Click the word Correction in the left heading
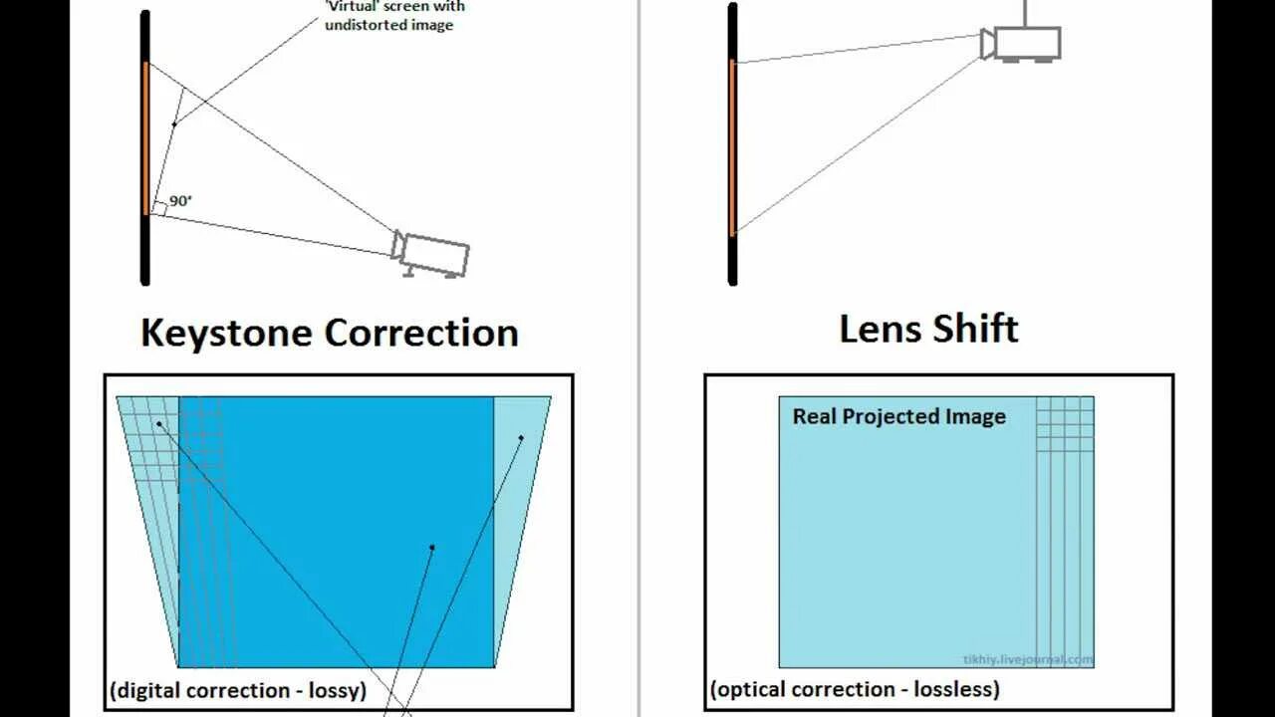tap(421, 333)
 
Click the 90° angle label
tap(180, 201)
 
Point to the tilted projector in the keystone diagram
tap(432, 253)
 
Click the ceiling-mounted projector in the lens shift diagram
tap(1025, 44)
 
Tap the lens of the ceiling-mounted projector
tap(987, 44)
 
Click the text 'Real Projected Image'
tap(898, 416)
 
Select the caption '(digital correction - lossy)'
tap(238, 689)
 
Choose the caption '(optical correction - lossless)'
tap(855, 688)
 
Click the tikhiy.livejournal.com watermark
tap(1027, 659)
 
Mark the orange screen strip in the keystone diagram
tap(145, 137)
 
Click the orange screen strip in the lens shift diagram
tap(732, 146)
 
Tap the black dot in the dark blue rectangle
tap(432, 547)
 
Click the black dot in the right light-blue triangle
tap(521, 438)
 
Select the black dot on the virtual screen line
tap(174, 123)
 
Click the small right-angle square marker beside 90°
tap(158, 208)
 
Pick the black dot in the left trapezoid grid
tap(158, 424)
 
